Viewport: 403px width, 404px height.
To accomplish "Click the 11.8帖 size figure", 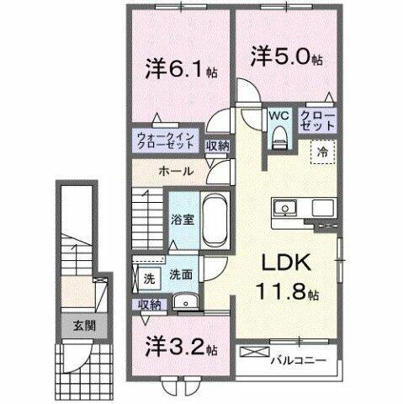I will click(286, 295).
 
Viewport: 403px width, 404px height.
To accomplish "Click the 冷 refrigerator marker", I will click(322, 152).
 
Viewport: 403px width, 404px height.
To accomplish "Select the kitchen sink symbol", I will click(283, 207).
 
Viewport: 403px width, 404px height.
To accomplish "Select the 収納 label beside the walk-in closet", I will click(217, 146).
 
